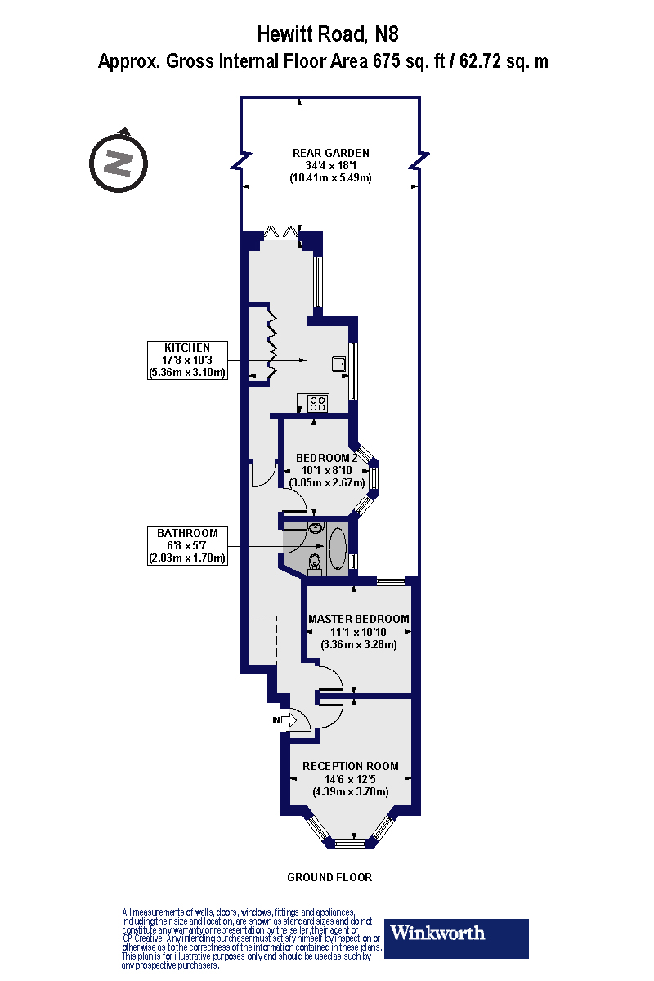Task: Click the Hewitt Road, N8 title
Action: pos(327,34)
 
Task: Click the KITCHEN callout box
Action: pos(186,361)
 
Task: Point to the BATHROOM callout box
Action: pos(186,545)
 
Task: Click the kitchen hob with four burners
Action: pos(317,402)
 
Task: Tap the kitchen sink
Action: pos(339,365)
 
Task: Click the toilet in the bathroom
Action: pos(315,562)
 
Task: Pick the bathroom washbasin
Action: pos(315,528)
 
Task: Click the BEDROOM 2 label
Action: pos(326,457)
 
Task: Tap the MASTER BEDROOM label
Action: pos(358,619)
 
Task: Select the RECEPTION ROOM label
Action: pos(351,766)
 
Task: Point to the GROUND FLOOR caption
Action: pos(329,877)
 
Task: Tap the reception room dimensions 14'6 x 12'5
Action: pos(351,779)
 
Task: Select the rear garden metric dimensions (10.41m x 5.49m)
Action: pos(330,177)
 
